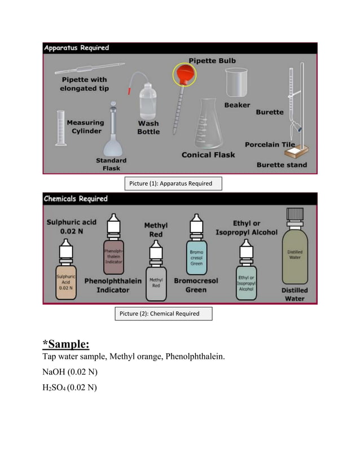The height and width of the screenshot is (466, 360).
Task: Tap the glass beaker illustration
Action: click(238, 83)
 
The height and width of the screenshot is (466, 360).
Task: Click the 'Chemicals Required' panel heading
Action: click(76, 199)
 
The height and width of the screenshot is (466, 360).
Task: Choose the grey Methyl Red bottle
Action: click(155, 273)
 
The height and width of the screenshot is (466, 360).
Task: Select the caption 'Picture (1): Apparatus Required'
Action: click(173, 183)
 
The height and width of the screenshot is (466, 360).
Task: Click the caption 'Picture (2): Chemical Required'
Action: click(164, 313)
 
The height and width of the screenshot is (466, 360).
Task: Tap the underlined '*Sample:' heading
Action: click(66, 344)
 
